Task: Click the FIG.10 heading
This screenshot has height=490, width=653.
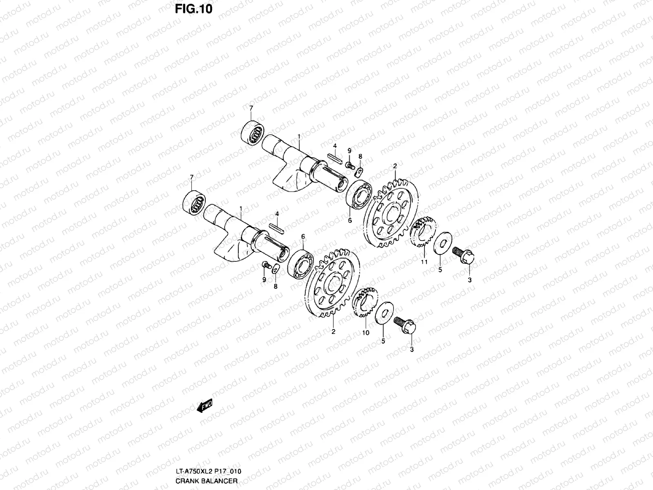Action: [193, 9]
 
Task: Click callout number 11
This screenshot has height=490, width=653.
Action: [424, 262]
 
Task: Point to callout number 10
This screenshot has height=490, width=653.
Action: [366, 333]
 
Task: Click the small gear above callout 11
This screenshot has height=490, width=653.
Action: [423, 233]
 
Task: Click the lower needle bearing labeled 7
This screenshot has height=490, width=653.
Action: [194, 202]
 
